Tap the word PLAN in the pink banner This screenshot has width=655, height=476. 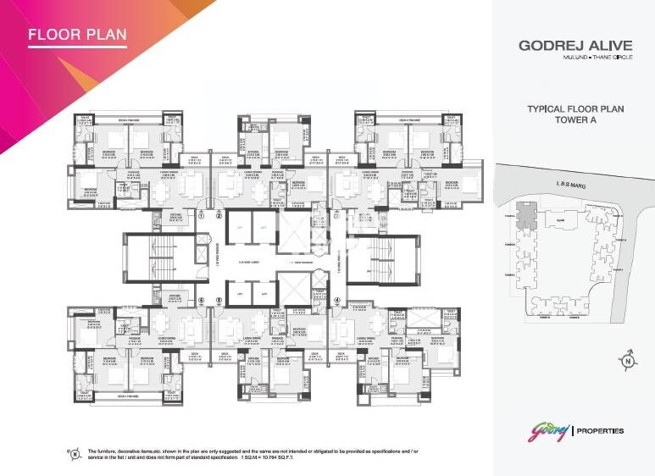pos(108,35)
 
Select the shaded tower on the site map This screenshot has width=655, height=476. pos(526,219)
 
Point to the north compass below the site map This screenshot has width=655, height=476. pos(628,363)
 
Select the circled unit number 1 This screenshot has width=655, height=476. pos(202,216)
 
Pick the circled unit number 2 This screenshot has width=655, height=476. pos(218,216)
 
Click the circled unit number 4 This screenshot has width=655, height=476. pos(336,300)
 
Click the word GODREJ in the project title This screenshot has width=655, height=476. pos(547,48)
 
